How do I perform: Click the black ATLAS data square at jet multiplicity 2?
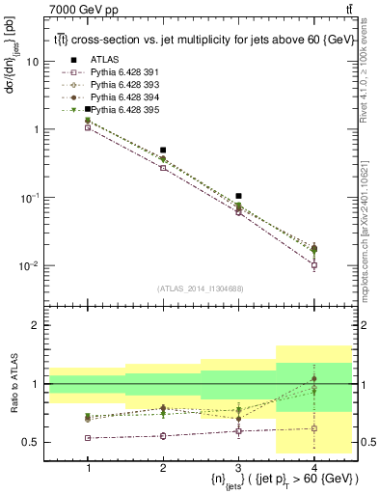[x=163, y=151]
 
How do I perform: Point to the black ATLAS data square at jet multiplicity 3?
[x=238, y=196]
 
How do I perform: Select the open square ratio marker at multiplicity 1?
[x=88, y=438]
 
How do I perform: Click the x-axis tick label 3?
[x=238, y=467]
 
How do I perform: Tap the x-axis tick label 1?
[x=88, y=467]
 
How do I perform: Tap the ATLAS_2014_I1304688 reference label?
[x=201, y=288]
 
